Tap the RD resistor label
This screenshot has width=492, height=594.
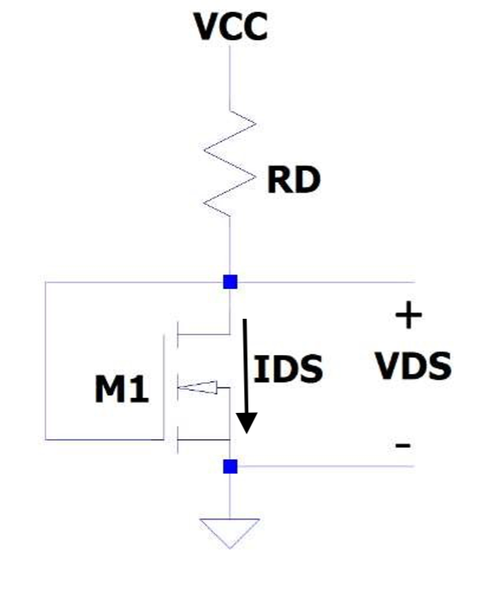[293, 181]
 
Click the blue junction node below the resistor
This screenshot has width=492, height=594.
[230, 282]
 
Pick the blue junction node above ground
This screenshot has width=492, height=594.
[230, 467]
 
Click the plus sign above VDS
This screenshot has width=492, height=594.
[408, 318]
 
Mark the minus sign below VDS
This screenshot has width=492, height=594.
[404, 447]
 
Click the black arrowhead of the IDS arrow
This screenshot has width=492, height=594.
[248, 423]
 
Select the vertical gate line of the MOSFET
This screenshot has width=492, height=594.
[167, 388]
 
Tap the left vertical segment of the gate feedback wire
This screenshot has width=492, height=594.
[45, 360]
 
